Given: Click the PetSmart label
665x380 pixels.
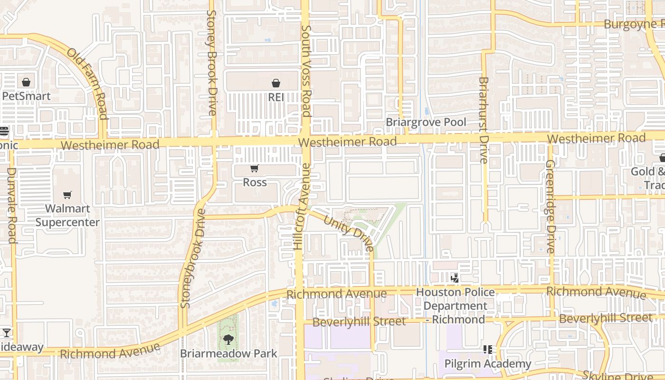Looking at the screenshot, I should tap(26, 96).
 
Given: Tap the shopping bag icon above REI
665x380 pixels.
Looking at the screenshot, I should tap(275, 84).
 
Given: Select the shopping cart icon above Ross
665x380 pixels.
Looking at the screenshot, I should tap(255, 169).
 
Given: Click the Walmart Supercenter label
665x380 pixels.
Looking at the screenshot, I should tap(67, 215).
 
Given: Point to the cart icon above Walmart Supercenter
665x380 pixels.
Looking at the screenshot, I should tap(67, 195).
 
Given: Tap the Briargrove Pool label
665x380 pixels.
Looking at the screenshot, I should tap(426, 122).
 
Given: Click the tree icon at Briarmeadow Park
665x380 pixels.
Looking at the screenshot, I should tap(228, 339).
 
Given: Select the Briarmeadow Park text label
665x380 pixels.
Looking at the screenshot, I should tap(228, 354).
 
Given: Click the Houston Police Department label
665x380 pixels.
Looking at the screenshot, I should tap(455, 305).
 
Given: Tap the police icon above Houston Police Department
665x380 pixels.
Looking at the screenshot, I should tap(455, 277).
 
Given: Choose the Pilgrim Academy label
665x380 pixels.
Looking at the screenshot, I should tap(487, 364).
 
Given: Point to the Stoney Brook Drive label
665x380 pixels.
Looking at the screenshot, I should tap(212, 63).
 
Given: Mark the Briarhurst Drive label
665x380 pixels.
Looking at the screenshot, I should tap(484, 120).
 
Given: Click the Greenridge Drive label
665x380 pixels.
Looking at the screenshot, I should tap(550, 206).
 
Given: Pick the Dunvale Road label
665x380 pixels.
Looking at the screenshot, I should tap(12, 205).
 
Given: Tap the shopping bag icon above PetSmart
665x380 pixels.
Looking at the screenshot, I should tap(26, 82).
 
